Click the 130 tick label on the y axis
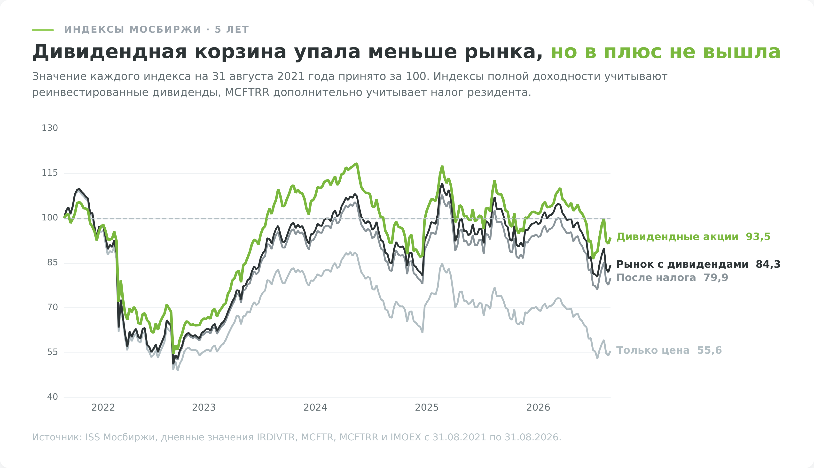pos(50,128)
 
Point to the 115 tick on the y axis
pos(50,173)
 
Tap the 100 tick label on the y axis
pos(50,218)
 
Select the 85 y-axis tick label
pos(52,263)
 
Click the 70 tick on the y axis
pos(52,307)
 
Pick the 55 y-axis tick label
pos(52,352)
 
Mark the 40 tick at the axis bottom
pos(52,397)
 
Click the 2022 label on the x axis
pos(103,408)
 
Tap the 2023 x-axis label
pos(204,408)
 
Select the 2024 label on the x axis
pos(315,408)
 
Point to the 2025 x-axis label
pos(427,408)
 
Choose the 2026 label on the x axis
pos(538,408)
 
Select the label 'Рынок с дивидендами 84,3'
pos(698,265)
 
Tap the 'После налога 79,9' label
pos(672,278)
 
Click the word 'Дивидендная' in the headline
pos(110,52)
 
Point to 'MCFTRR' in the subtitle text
pos(247,93)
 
